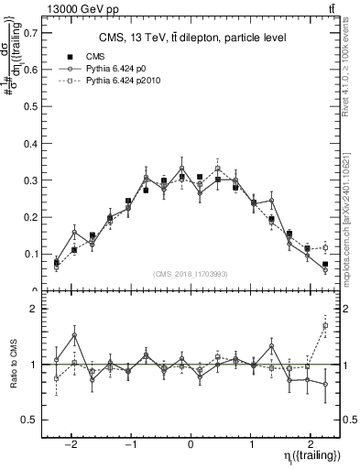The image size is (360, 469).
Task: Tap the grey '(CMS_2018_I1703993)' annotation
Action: tap(191, 274)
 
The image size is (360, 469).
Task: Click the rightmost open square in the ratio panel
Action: tap(325, 325)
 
